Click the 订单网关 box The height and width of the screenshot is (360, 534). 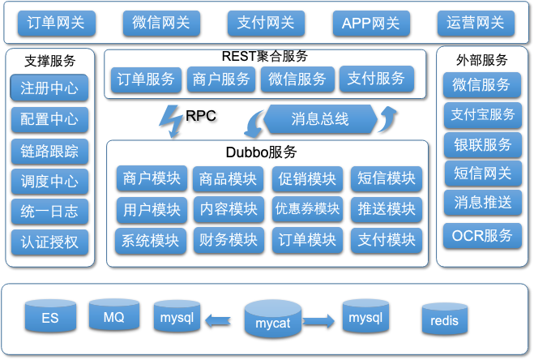tap(57, 24)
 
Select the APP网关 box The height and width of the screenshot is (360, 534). tap(371, 24)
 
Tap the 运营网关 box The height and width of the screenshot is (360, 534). tap(476, 24)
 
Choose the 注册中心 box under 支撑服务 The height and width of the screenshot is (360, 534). tap(49, 88)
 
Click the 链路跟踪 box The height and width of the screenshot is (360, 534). tap(49, 152)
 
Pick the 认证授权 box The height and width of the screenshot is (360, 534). tap(49, 242)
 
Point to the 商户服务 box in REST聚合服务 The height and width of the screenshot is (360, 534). tap(221, 79)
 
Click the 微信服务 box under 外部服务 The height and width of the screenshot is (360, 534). tap(482, 85)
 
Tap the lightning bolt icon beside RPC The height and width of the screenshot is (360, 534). tap(171, 121)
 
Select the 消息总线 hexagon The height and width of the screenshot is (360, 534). tap(320, 119)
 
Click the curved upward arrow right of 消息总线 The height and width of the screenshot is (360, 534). tap(389, 118)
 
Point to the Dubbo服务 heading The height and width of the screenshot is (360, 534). tap(261, 152)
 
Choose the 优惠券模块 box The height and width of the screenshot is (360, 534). tap(308, 209)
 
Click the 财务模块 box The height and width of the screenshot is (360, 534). tap(229, 240)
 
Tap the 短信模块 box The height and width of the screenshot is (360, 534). tap(387, 178)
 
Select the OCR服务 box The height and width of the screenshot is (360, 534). tap(482, 236)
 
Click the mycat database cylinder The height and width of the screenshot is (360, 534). tap(273, 319)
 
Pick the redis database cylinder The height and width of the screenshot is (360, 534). tap(444, 319)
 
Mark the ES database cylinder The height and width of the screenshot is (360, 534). tap(50, 316)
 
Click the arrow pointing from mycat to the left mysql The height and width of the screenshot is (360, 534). tap(218, 320)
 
